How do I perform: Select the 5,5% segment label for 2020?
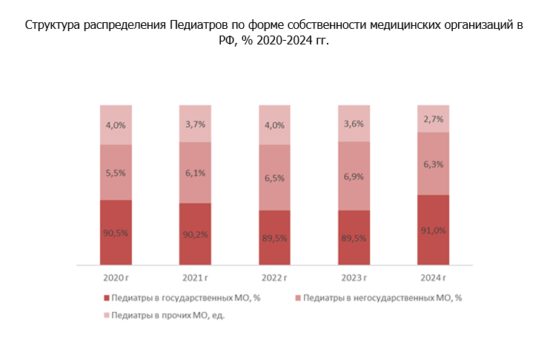click(x=116, y=172)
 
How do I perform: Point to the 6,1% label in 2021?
click(x=196, y=173)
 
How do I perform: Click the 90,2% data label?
click(x=196, y=235)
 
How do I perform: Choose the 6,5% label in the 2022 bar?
click(x=275, y=178)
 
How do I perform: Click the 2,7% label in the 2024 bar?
click(x=434, y=119)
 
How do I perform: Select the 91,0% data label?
click(x=434, y=230)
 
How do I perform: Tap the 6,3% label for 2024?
click(x=434, y=164)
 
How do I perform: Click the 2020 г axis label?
click(x=116, y=279)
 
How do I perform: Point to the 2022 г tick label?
click(x=275, y=279)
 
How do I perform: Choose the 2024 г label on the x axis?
click(x=434, y=279)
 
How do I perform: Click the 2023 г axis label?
click(x=354, y=279)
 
